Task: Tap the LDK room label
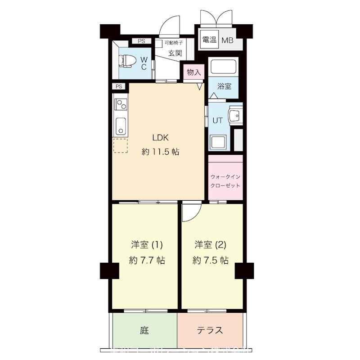[160, 137]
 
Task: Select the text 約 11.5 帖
[160, 152]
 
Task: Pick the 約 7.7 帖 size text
[147, 260]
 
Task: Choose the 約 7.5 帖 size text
[210, 260]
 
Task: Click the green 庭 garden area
[144, 330]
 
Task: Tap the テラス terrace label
[210, 330]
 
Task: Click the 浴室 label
[225, 86]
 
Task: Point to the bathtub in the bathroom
[224, 68]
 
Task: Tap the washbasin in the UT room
[235, 116]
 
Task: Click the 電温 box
[209, 40]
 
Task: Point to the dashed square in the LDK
[120, 146]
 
